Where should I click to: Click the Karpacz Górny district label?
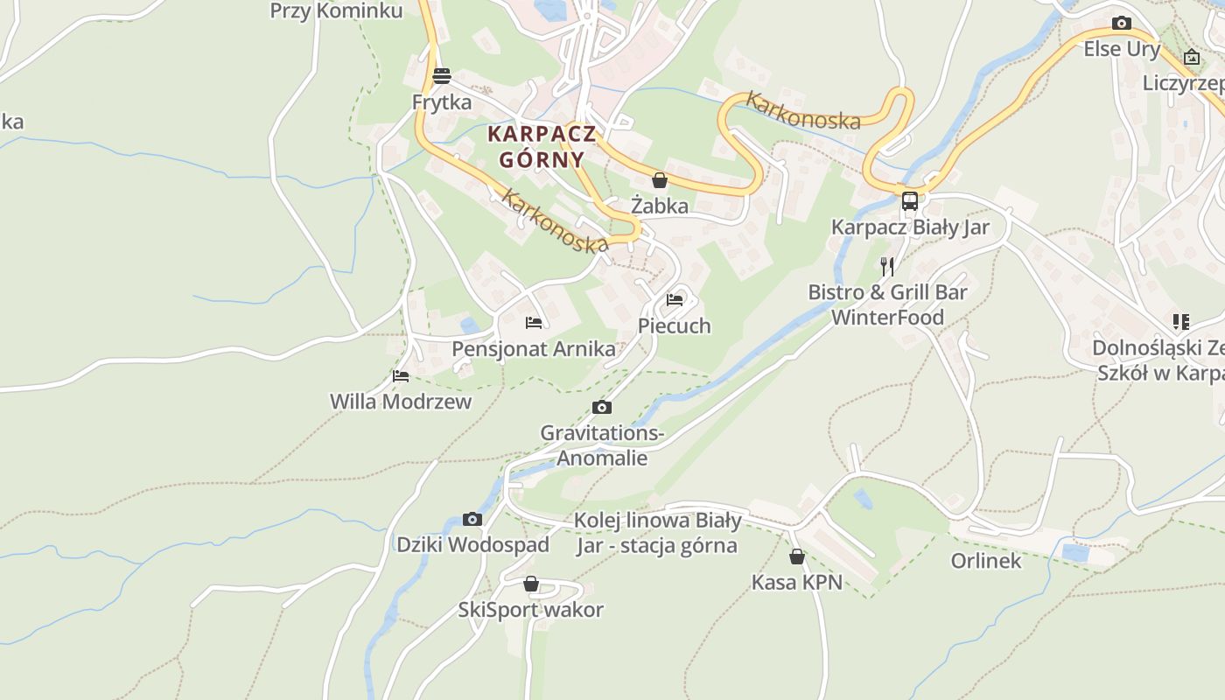pyautogui.click(x=542, y=147)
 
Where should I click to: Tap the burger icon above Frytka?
pyautogui.click(x=442, y=76)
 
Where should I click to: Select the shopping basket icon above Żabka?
pyautogui.click(x=660, y=180)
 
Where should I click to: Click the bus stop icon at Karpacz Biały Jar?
pyautogui.click(x=910, y=201)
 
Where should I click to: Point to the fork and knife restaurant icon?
pyautogui.click(x=887, y=266)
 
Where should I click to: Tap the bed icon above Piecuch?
pyautogui.click(x=675, y=299)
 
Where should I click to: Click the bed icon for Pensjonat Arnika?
pyautogui.click(x=534, y=323)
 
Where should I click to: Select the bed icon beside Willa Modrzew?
pyautogui.click(x=401, y=376)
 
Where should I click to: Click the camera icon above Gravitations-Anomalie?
pyautogui.click(x=602, y=407)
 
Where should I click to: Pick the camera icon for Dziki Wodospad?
pyautogui.click(x=472, y=519)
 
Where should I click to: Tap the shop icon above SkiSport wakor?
pyautogui.click(x=531, y=584)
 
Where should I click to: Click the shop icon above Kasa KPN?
pyautogui.click(x=797, y=556)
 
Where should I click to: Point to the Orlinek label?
pyautogui.click(x=986, y=561)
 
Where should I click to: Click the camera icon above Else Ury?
pyautogui.click(x=1122, y=24)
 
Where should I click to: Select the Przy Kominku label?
pyautogui.click(x=336, y=11)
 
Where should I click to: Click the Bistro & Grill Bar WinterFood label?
pyautogui.click(x=887, y=304)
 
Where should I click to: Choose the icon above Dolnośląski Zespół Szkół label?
pyautogui.click(x=1181, y=322)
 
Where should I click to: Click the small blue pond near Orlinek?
pyautogui.click(x=1075, y=553)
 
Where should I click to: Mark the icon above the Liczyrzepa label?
pyautogui.click(x=1192, y=58)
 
